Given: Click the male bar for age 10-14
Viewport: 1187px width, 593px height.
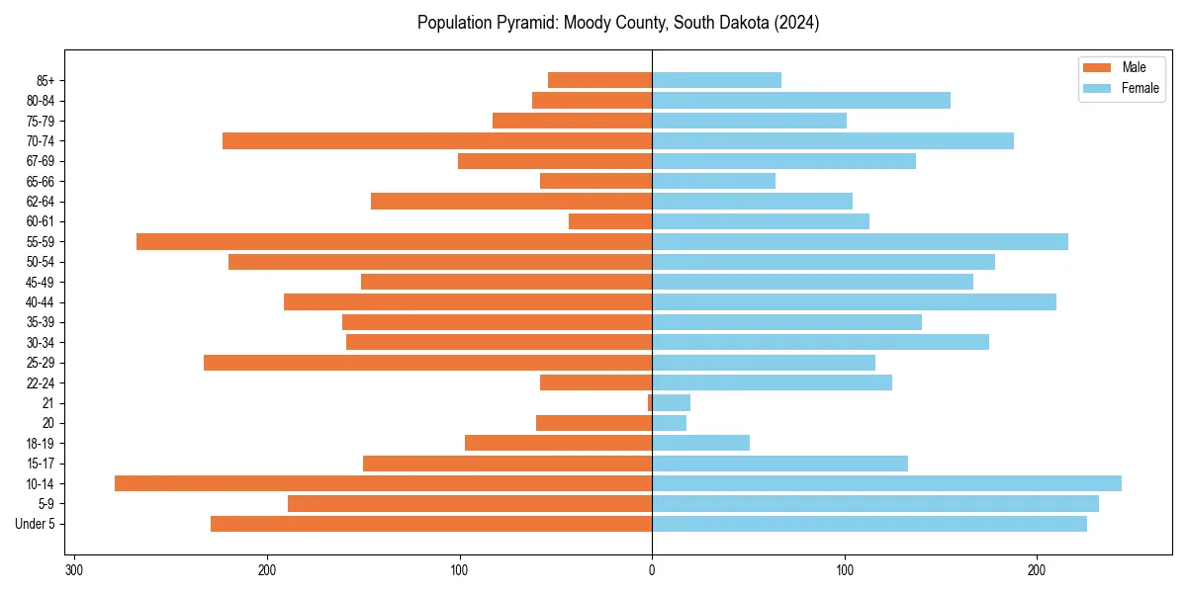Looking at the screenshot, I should coord(383,483).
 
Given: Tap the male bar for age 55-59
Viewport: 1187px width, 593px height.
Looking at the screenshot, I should coord(394,241).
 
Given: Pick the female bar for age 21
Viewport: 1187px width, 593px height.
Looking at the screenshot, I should coord(671,402).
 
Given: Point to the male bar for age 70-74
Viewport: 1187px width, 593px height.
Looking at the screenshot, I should coord(436,140).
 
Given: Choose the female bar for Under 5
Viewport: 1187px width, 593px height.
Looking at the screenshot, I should coord(868,524).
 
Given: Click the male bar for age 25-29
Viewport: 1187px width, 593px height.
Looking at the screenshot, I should coord(427,363).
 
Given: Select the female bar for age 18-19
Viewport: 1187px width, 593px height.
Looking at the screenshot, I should coord(700,443).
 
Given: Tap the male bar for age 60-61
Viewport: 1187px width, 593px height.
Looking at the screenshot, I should coord(609,221).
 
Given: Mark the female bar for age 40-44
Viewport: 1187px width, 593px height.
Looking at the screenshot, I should coord(854,301).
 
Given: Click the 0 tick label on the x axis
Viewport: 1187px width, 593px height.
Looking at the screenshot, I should coord(652,570).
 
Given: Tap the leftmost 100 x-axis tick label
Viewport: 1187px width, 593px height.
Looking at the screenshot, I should coord(459,570).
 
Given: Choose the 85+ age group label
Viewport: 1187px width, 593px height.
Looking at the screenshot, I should coord(45,80).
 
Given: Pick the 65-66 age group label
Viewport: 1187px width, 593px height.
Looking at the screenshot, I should coord(41,181).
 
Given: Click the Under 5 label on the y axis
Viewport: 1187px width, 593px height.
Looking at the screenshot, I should coord(36,524).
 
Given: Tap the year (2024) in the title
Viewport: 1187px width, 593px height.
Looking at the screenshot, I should coord(796,23).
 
